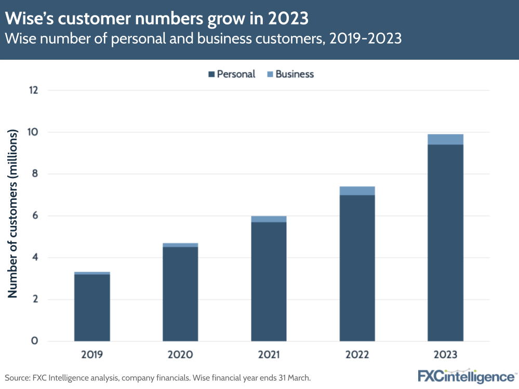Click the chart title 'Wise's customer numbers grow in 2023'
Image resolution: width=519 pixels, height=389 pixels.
157,19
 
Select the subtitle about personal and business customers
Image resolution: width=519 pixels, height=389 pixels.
203,39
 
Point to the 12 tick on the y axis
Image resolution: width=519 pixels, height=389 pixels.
34,90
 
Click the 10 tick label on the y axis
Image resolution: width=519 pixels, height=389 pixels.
34,132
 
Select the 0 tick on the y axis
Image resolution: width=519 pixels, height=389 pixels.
35,341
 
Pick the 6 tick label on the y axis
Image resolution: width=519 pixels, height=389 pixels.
35,216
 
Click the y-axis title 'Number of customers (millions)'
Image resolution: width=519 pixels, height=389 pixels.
13,213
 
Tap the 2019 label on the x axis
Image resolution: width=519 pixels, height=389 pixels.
92,355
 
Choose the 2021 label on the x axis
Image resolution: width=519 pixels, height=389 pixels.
269,355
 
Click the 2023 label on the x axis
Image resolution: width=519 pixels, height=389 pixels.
445,355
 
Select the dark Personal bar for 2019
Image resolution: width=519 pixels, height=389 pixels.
92,307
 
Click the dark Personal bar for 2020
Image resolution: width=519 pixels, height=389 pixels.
180,294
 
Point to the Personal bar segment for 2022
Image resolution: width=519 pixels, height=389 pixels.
357,268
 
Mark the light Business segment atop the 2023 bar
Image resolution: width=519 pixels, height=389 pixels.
445,139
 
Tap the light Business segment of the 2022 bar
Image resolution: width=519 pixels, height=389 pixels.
357,191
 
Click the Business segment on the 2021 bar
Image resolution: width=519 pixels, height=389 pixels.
269,219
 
